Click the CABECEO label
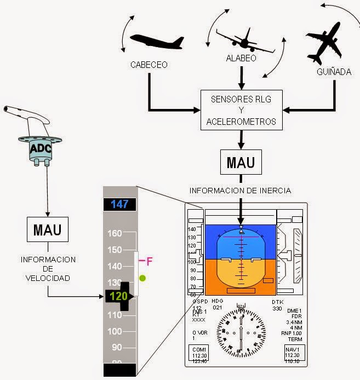pos(148,65)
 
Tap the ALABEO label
pos(241,58)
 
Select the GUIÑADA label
pos(334,72)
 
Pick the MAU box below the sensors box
pos(241,163)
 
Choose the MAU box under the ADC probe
pos(48,229)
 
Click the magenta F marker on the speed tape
pos(148,261)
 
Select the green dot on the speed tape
pos(142,278)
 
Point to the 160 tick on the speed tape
pos(115,233)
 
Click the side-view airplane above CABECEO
pos(157,42)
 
